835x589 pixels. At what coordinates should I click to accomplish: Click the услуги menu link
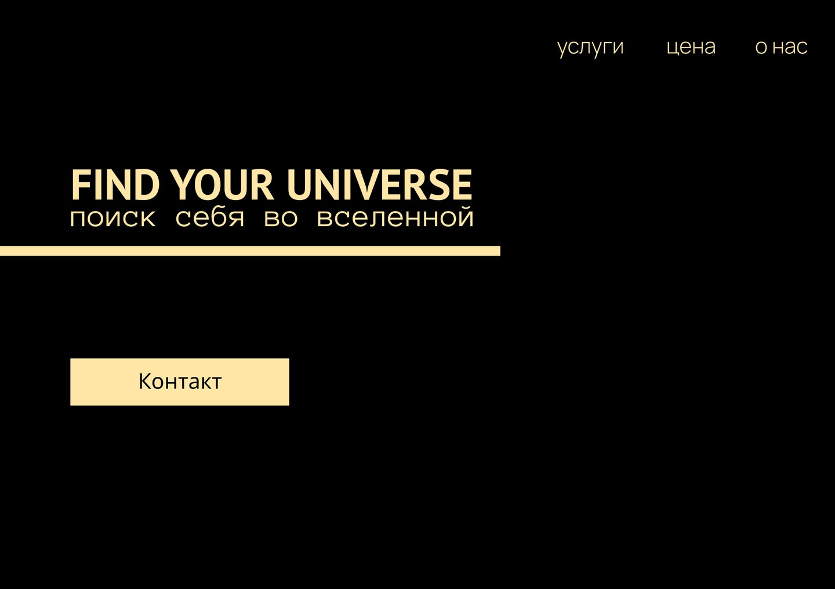pyautogui.click(x=590, y=48)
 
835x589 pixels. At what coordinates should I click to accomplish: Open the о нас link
pyautogui.click(x=781, y=47)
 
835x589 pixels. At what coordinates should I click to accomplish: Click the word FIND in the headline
pyautogui.click(x=115, y=185)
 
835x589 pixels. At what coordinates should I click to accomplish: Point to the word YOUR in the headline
pyautogui.click(x=223, y=185)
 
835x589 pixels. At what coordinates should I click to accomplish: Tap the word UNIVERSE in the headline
pyautogui.click(x=379, y=185)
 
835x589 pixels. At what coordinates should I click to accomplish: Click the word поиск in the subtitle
pyautogui.click(x=112, y=219)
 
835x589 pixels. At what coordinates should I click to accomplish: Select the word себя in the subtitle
pyautogui.click(x=209, y=217)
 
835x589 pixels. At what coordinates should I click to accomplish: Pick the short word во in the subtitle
pyautogui.click(x=281, y=219)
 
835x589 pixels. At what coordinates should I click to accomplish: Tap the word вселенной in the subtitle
pyautogui.click(x=395, y=217)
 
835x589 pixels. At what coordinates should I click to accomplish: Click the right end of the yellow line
pyautogui.click(x=500, y=251)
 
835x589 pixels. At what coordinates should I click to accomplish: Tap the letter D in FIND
pyautogui.click(x=147, y=185)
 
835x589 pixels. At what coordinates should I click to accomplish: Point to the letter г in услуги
pyautogui.click(x=605, y=48)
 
